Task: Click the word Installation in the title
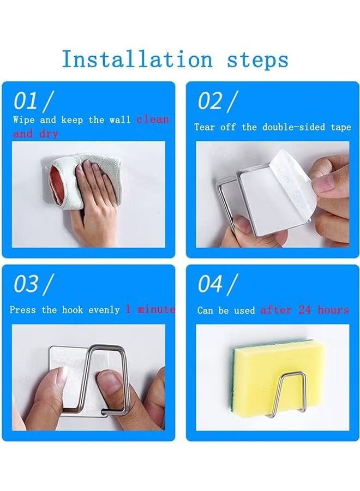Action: tap(137, 59)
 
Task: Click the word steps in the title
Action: tap(257, 60)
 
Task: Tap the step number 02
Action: tap(210, 101)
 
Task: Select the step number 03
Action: tap(26, 284)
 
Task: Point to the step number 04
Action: tap(210, 284)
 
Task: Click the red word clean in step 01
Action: tap(153, 119)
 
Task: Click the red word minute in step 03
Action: tap(156, 309)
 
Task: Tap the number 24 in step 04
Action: tap(304, 310)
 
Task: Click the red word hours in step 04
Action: tap(333, 310)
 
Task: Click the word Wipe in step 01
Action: tap(24, 119)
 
